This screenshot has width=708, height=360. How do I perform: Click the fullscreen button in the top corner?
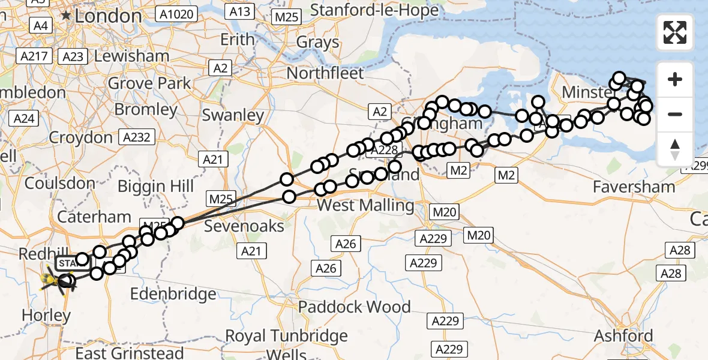[675, 32]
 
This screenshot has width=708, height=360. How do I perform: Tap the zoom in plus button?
[675, 79]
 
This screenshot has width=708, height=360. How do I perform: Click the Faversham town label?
[634, 187]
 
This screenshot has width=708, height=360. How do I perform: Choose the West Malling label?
[365, 206]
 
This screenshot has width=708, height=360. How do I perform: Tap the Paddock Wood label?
[355, 307]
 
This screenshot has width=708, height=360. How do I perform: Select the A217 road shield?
[33, 56]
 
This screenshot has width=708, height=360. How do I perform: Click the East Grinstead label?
[130, 352]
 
